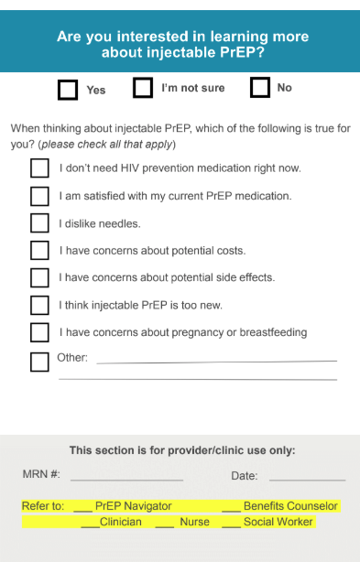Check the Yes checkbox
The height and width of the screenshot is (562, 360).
click(68, 89)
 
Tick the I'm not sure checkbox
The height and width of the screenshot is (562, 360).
click(143, 88)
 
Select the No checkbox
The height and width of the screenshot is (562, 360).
click(260, 88)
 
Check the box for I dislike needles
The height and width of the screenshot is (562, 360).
click(39, 223)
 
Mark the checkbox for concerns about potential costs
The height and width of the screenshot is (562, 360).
click(39, 250)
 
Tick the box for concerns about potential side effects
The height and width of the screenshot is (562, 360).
click(39, 277)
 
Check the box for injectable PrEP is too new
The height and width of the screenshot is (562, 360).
click(39, 305)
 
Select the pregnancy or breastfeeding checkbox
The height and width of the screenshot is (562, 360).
click(39, 332)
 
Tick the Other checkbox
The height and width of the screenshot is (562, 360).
click(39, 362)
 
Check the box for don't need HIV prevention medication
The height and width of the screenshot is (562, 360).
click(39, 168)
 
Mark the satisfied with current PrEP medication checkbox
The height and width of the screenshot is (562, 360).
click(39, 196)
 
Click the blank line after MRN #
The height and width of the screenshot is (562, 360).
click(126, 477)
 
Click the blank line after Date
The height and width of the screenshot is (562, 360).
click(307, 477)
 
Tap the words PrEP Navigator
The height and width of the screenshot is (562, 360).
click(133, 506)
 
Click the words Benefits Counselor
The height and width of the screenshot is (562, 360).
click(290, 506)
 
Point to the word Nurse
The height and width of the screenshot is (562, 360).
click(194, 522)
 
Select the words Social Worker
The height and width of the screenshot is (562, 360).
click(278, 522)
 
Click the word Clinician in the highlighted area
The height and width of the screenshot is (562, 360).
click(121, 522)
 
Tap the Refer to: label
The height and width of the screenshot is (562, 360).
click(43, 506)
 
